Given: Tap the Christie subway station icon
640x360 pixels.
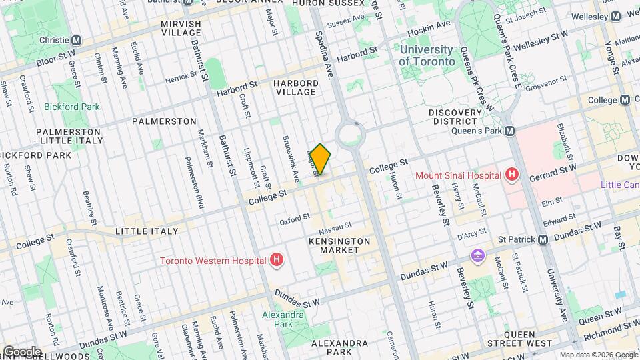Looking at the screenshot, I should click(x=77, y=40).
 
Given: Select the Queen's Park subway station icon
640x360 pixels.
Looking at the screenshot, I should click(x=509, y=131).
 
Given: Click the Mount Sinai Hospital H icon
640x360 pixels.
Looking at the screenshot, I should click(x=512, y=175).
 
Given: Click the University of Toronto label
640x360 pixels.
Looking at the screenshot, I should click(x=426, y=55).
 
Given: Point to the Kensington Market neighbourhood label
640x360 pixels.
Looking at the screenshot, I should click(x=339, y=245).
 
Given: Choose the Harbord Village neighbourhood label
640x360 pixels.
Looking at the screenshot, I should click(x=294, y=87).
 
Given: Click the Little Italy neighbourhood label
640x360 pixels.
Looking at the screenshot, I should click(x=147, y=231).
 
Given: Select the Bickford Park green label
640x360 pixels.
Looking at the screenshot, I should click(x=71, y=107).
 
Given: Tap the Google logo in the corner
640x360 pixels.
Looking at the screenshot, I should click(x=22, y=351).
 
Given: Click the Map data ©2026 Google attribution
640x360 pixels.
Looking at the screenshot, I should click(x=597, y=355).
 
